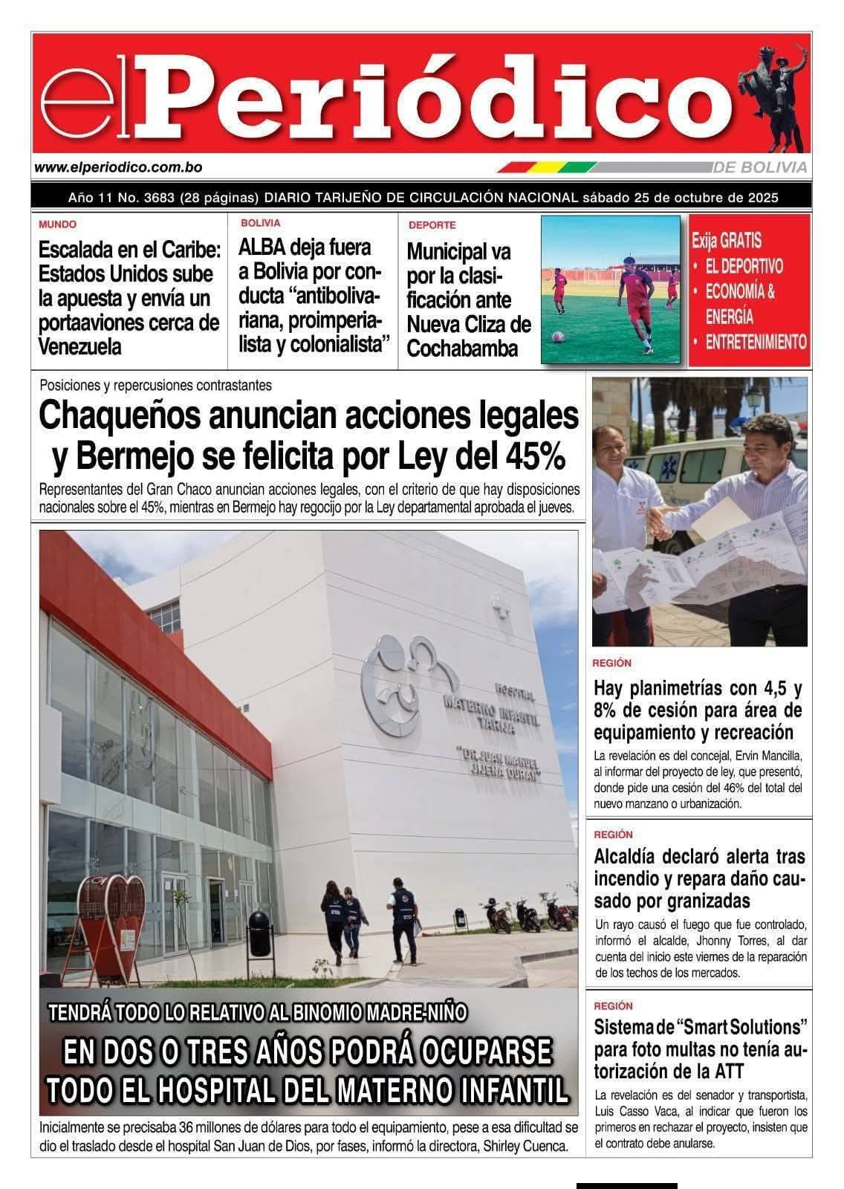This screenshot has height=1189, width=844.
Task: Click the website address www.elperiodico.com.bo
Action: point(118,169)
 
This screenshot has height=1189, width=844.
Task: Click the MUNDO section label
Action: point(57,224)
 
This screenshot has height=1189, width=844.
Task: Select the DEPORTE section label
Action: point(432,225)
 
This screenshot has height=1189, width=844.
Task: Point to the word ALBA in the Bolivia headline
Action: point(262,247)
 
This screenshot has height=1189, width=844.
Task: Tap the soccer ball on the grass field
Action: point(556,336)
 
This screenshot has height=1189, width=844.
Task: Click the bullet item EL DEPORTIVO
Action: point(744,266)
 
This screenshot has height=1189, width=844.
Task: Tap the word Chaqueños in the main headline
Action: point(117,415)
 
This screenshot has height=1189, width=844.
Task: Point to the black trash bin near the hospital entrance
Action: point(258,933)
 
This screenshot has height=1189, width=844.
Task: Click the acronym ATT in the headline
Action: point(751,1072)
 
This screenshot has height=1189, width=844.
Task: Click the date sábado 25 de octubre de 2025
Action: point(680,198)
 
